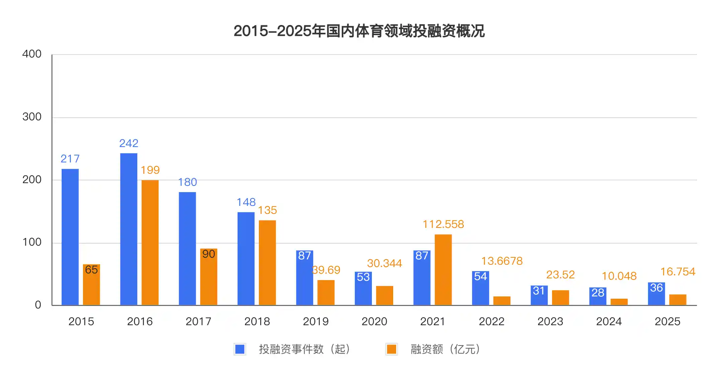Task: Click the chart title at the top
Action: coord(359,31)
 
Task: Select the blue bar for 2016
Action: coord(128,229)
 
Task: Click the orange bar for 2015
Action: coord(91,284)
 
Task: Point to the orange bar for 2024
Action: coord(619,302)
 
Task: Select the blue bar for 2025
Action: coord(656,294)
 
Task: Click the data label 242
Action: coord(128,143)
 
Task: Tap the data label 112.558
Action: coord(443,224)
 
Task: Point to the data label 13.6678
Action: coord(502,261)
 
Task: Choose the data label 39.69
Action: coord(326,270)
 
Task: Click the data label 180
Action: coord(187,182)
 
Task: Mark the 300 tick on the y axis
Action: coord(32,117)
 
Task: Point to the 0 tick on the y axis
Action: coord(38,305)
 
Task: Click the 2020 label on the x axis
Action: coord(374,321)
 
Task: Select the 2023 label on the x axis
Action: coord(550,321)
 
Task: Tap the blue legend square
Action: coord(240,349)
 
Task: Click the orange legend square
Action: coord(391,349)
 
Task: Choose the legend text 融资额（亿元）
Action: coord(445,349)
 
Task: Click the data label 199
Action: coord(150,170)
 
